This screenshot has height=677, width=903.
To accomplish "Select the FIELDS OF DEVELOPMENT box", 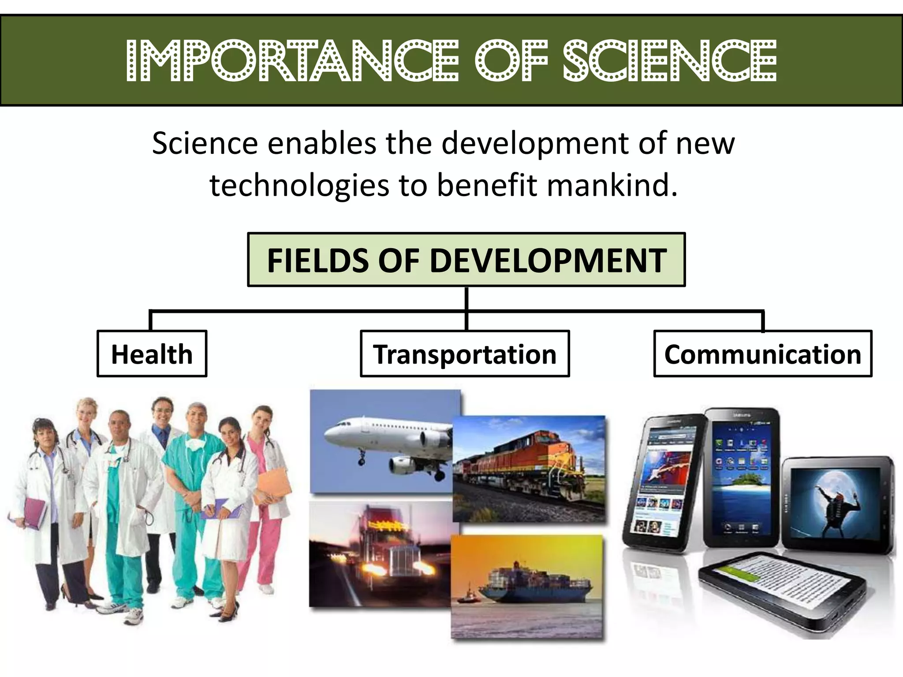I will pos(466,260).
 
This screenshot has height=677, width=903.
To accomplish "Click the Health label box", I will pos(152,354).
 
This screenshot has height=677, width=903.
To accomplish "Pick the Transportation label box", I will pos(465,354).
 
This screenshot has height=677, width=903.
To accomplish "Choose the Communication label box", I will pos(762,354).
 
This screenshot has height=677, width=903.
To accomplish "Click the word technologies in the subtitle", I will pos(299,185).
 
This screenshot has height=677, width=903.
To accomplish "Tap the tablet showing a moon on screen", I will pos(838,502).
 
